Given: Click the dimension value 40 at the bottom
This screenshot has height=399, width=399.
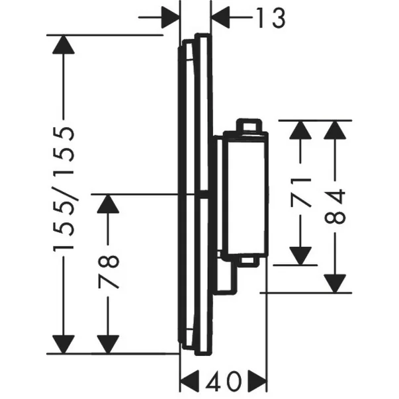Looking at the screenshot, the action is [223, 382].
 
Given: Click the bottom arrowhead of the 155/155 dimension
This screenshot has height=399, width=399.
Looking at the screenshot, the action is [64, 342].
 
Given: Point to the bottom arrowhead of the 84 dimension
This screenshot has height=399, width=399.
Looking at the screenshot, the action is [338, 281].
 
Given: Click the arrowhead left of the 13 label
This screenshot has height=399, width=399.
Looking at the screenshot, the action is [169, 18].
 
